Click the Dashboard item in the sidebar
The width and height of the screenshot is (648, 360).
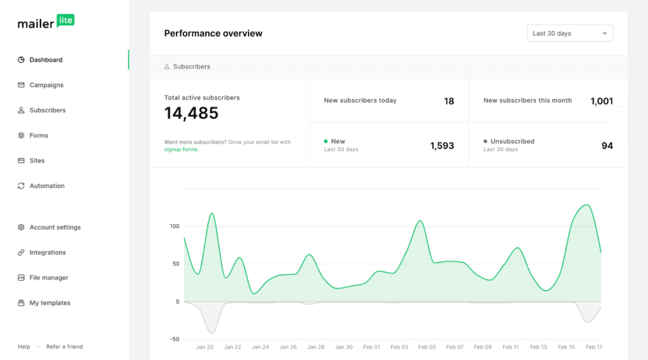coord(46,60)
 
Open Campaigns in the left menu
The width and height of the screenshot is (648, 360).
coord(46,85)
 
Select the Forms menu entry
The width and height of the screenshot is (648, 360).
coord(39,135)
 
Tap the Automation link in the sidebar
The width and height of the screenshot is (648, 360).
coord(47,186)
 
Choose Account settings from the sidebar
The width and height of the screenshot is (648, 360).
coord(55,227)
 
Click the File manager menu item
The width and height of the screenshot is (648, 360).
coord(49,278)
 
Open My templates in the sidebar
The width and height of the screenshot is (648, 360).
coord(50,303)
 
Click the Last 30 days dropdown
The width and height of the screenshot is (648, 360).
coord(570,34)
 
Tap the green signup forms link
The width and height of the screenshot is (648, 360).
coord(181,149)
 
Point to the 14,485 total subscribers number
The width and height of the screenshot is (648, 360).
coord(191,113)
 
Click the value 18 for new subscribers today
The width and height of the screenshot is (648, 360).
coord(449,101)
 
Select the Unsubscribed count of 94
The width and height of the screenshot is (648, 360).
coord(607,146)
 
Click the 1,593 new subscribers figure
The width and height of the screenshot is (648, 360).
coord(442,146)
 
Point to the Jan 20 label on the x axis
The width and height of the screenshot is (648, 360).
coord(204,347)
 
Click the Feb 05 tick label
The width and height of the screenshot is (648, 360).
coord(427,347)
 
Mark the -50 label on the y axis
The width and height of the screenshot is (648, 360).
coord(174,339)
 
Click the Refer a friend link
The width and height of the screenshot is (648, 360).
coord(65,347)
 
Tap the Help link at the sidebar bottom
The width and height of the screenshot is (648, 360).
coord(24,347)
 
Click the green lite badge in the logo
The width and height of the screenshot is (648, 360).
coord(65,20)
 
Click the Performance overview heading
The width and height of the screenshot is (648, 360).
coord(213,34)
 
